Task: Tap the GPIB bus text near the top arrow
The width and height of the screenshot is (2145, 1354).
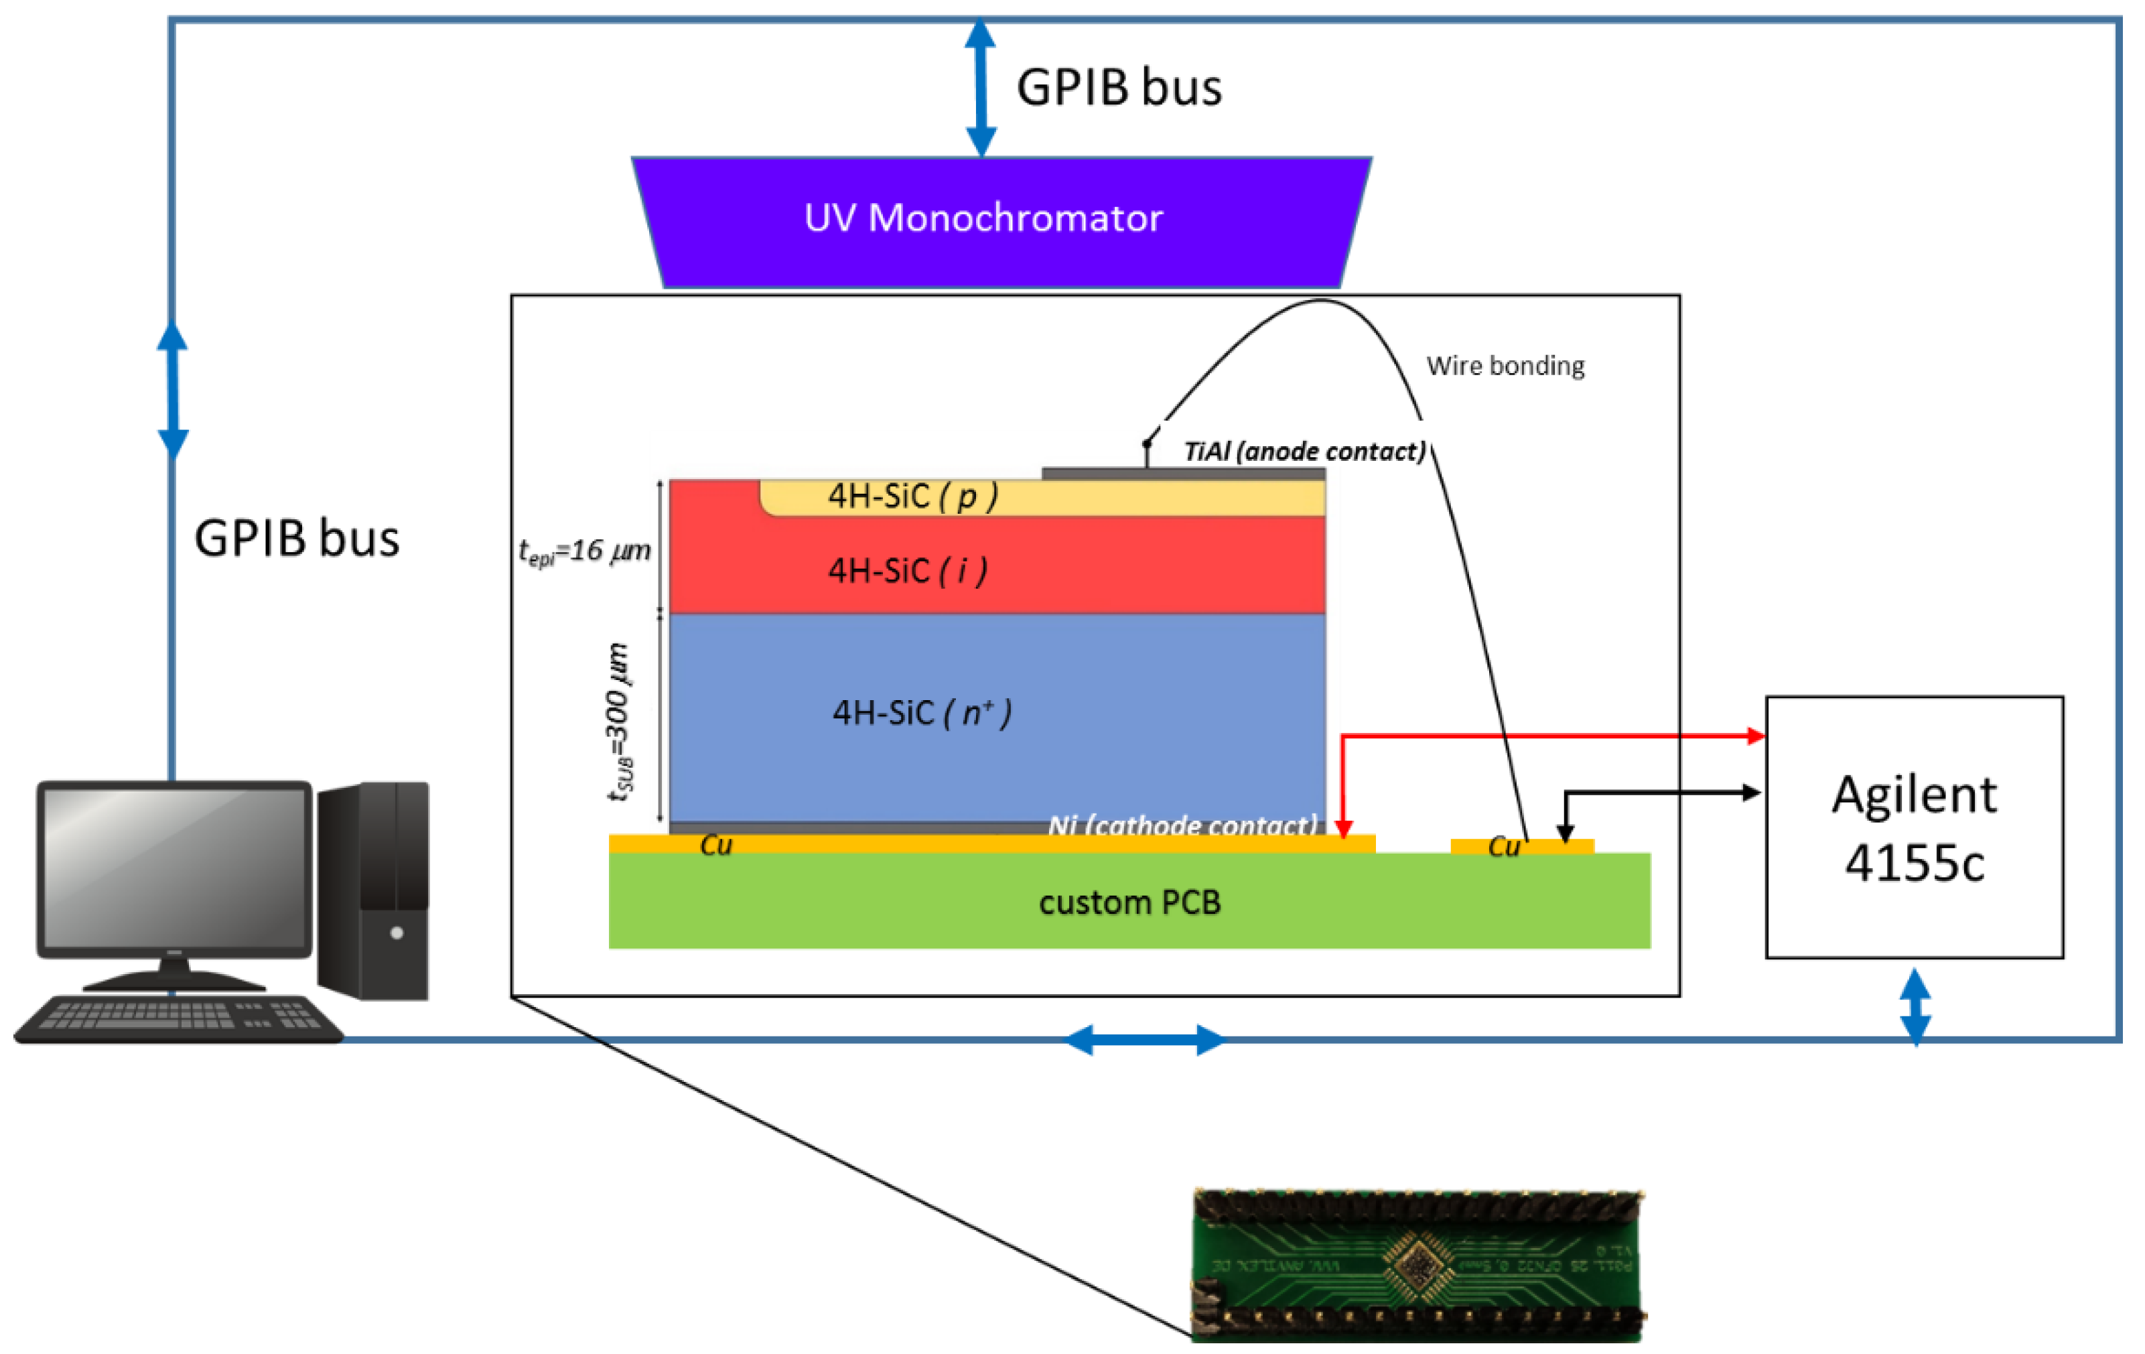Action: [x=1119, y=87]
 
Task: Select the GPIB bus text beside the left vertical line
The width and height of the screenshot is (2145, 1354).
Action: [x=297, y=539]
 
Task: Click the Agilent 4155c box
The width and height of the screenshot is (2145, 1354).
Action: [x=1915, y=827]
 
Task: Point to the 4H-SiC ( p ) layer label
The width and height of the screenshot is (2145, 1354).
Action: [x=912, y=496]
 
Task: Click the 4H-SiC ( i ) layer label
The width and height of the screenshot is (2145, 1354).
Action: [x=908, y=571]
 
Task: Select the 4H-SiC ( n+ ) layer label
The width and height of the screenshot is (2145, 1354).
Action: [x=921, y=714]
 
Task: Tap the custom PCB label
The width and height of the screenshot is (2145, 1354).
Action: [x=1129, y=903]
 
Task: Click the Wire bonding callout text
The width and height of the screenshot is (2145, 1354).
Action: [x=1505, y=366]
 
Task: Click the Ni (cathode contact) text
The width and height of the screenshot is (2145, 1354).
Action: [x=1182, y=826]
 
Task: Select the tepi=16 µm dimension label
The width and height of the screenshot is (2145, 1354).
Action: [x=584, y=551]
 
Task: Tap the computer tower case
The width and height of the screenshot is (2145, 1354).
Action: [x=374, y=891]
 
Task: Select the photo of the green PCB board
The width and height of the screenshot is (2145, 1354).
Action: [x=1417, y=1265]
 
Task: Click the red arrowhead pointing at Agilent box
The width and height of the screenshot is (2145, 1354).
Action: [x=1755, y=736]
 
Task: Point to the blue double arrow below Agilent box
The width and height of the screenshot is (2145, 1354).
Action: [x=1915, y=1008]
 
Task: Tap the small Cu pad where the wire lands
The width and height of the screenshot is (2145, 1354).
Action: [x=1521, y=846]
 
